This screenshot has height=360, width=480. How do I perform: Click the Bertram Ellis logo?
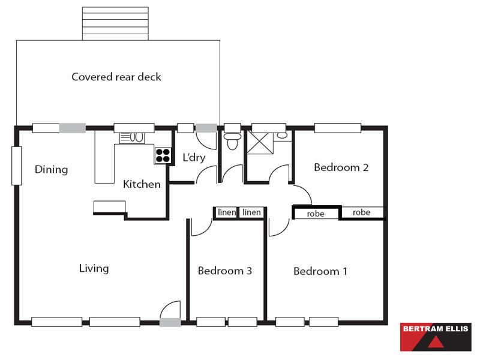[436, 337]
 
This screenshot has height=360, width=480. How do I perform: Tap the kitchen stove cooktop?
[163, 155]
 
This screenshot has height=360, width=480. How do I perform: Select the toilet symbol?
[232, 140]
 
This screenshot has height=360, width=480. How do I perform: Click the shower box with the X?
[260, 142]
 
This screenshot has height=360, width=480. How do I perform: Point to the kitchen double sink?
[132, 138]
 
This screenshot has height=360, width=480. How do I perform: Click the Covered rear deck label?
[116, 77]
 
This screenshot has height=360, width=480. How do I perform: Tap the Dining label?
[51, 169]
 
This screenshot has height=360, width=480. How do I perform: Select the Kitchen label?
[142, 184]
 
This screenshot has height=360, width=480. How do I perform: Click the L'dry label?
[194, 157]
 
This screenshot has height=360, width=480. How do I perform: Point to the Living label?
[94, 268]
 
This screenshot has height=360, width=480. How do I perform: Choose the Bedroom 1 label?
[320, 271]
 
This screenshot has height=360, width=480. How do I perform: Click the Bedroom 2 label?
[341, 167]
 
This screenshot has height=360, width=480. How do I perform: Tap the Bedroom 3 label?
[224, 271]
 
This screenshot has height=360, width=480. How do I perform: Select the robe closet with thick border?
[317, 213]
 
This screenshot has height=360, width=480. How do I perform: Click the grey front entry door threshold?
[170, 322]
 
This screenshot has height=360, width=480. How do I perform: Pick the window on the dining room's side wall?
[17, 166]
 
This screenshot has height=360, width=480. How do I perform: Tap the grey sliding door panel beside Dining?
[73, 128]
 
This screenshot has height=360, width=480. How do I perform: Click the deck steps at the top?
[115, 23]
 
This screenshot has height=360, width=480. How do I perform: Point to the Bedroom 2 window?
[338, 128]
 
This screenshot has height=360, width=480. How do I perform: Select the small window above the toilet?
[232, 128]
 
